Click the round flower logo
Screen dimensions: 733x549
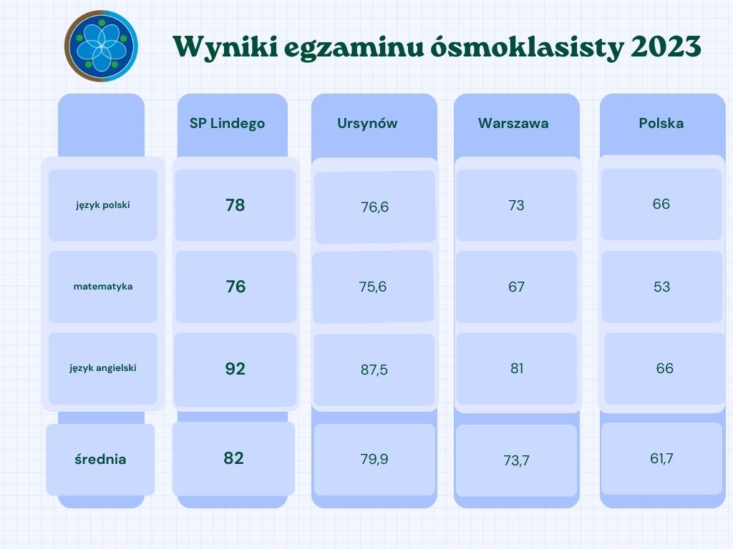[x=101, y=46]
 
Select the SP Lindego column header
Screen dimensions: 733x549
[x=227, y=123]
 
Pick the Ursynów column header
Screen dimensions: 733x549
[x=367, y=123]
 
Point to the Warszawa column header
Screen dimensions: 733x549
[x=513, y=123]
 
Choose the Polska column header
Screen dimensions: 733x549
[x=661, y=123]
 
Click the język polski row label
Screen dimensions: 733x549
[x=103, y=205]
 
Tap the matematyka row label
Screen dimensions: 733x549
[x=103, y=287]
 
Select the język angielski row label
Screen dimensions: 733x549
[x=103, y=368]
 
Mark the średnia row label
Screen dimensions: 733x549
[x=100, y=459]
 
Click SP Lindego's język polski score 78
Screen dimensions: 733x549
[x=235, y=205]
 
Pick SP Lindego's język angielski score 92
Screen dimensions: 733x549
[x=235, y=369]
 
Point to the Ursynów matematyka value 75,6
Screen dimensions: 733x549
[x=372, y=287]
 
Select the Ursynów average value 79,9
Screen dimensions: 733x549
[x=374, y=459]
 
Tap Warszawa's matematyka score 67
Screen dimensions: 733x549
[x=517, y=287]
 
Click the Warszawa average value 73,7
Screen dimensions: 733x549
[x=516, y=461]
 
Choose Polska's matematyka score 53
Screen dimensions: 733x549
[x=661, y=287]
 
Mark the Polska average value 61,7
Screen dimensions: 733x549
[x=661, y=458]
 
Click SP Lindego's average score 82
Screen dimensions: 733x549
[x=234, y=458]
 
